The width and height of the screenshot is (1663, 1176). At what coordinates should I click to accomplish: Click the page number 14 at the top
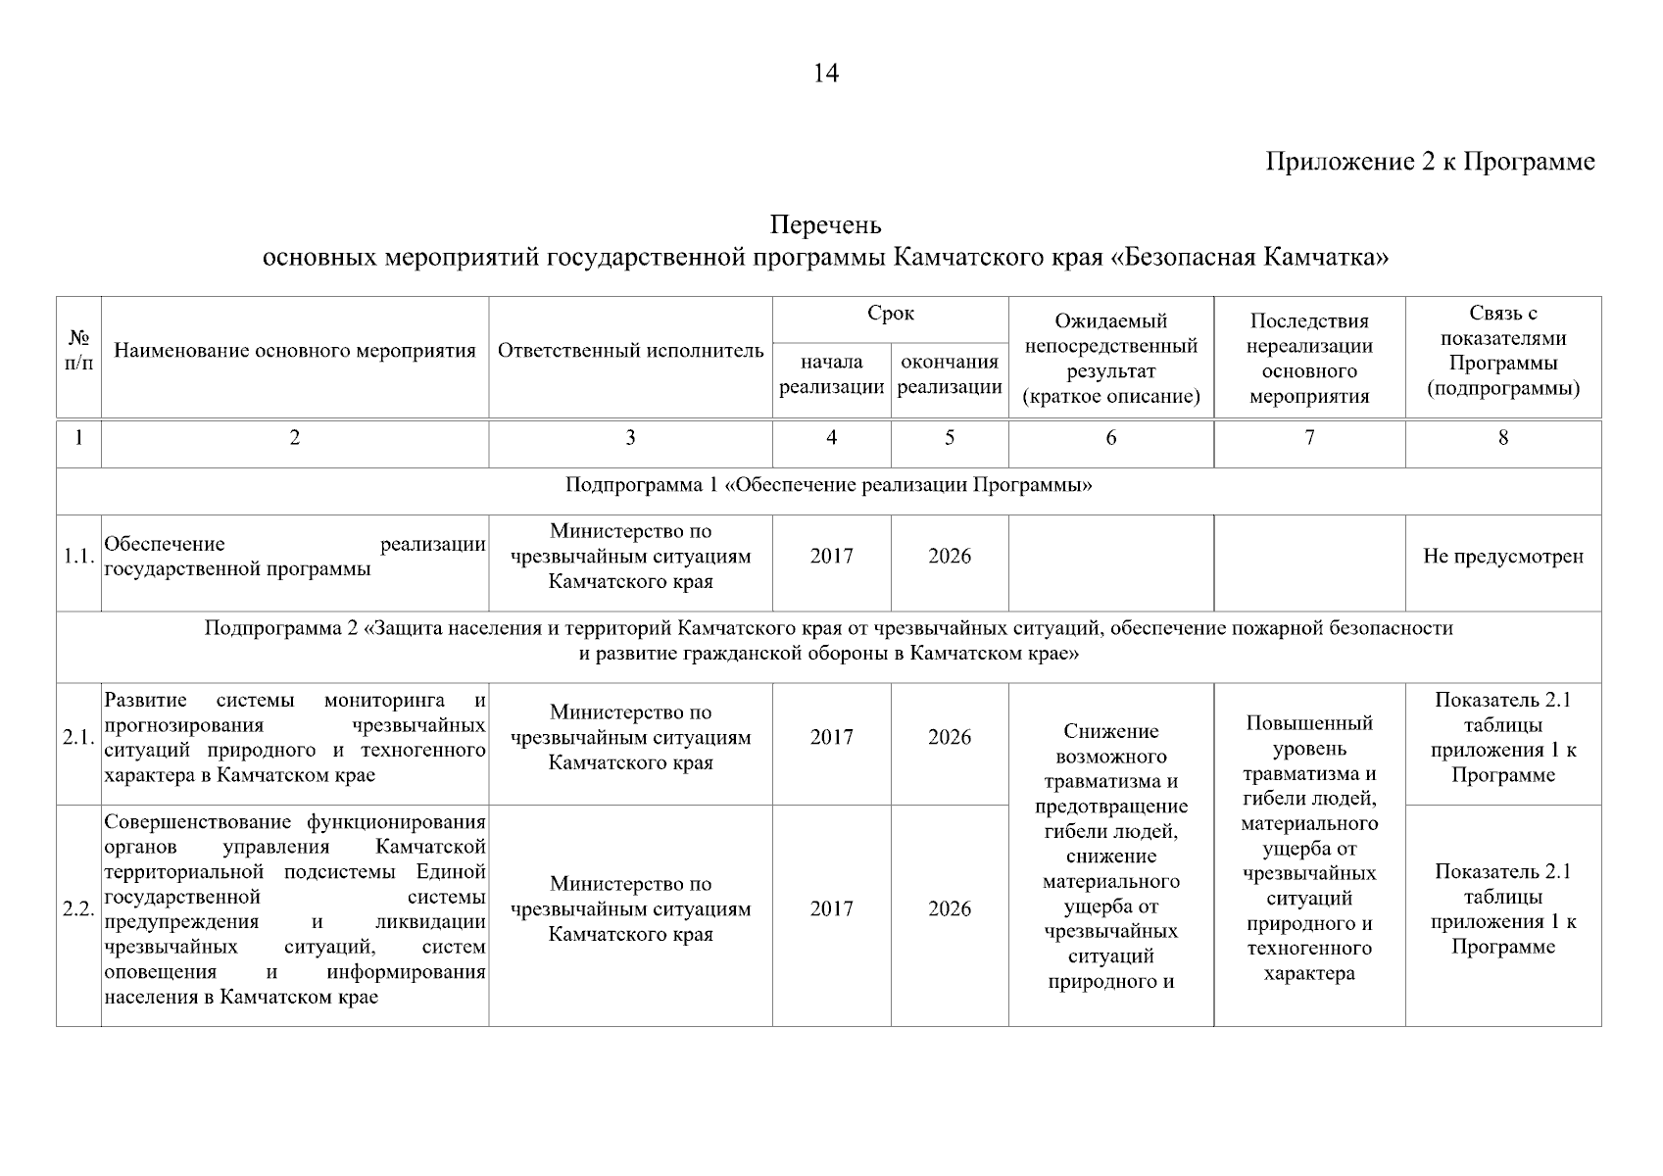point(826,73)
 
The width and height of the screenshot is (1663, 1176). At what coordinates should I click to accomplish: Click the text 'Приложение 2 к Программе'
point(1430,162)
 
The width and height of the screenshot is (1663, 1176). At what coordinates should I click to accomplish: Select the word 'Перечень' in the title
point(826,226)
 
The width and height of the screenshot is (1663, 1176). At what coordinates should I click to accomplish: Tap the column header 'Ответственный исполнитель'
point(630,351)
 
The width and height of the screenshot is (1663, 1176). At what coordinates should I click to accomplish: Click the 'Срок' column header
point(890,314)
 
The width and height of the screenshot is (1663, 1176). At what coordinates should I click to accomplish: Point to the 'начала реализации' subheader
point(831,374)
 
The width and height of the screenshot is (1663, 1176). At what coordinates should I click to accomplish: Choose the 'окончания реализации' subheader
point(949,374)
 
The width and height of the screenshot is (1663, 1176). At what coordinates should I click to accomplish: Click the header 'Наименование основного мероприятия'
point(295,351)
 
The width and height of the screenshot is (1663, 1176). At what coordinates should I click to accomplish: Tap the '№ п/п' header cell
point(79,351)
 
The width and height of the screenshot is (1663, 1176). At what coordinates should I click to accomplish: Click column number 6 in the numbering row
point(1110,438)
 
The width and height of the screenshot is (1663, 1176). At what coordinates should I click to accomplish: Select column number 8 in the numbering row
point(1502,438)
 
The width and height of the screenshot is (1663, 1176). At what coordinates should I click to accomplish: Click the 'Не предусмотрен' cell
point(1502,557)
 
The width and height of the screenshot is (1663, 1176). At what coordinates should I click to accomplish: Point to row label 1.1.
point(78,557)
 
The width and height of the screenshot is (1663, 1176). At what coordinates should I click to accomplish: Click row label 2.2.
point(78,909)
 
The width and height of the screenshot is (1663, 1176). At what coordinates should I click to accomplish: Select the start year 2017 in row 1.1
point(831,557)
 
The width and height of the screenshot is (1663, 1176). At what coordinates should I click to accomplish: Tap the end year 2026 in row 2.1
point(949,738)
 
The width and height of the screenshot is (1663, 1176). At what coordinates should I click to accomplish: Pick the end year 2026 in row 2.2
point(949,909)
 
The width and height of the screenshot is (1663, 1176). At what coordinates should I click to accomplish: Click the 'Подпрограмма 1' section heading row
point(828,486)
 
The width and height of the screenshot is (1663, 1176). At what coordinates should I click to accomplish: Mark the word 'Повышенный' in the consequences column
point(1309,724)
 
